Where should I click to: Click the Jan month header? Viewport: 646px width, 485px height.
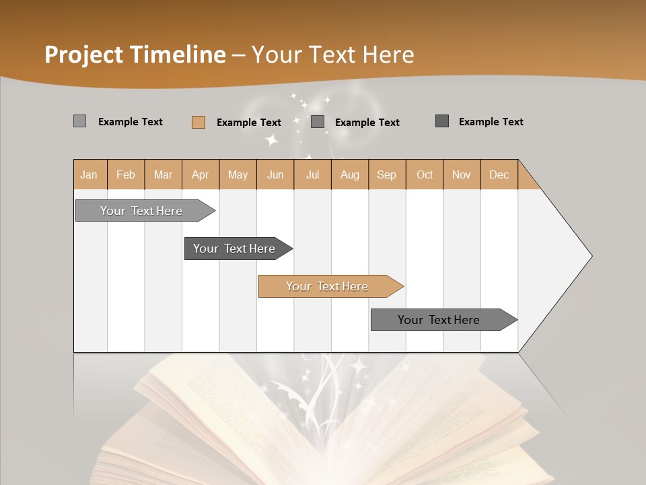89,175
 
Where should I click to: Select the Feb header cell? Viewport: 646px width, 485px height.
126,175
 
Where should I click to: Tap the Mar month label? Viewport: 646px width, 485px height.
163,175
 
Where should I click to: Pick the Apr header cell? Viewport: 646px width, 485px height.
201,175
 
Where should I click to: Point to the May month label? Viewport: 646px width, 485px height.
238,175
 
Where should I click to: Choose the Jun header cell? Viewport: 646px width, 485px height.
275,175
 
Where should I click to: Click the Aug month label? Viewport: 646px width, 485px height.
350,175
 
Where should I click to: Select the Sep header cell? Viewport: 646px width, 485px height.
387,175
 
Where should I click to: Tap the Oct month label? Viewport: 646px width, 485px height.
425,175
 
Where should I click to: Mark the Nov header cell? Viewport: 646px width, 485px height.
462,175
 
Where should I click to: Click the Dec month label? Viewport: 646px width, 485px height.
499,175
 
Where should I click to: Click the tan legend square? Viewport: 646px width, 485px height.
198,122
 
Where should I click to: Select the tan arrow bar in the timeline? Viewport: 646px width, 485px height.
327,286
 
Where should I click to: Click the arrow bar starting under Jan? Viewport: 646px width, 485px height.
141,211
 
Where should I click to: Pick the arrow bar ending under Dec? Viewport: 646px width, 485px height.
439,320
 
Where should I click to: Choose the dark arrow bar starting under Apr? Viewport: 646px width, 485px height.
234,249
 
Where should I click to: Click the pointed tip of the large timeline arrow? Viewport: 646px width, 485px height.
590,256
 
